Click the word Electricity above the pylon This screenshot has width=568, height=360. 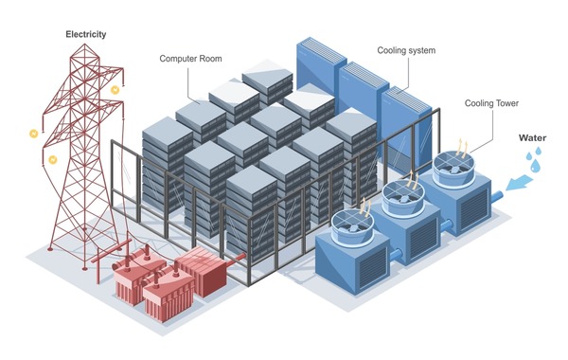click(86, 34)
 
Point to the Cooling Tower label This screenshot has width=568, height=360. click(491, 103)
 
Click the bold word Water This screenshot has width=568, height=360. click(531, 137)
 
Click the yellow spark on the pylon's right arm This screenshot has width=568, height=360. click(115, 90)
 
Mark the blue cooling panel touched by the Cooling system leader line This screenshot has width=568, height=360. click(398, 104)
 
